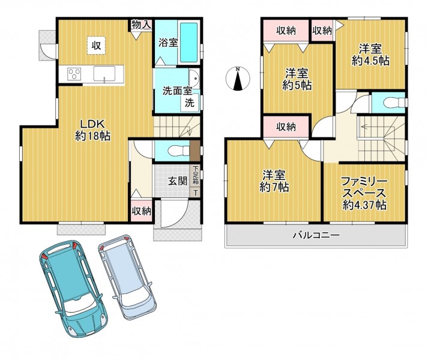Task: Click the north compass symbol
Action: [x=238, y=79]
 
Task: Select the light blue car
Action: [x=127, y=277]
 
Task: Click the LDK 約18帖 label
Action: [x=93, y=130]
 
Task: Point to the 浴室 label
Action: [x=169, y=43]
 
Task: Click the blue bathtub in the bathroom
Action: [x=188, y=43]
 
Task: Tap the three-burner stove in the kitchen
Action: [x=74, y=74]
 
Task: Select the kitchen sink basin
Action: [x=104, y=73]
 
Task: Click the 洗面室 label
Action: [x=177, y=91]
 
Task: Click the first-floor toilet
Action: [x=178, y=151]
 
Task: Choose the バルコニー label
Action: [x=316, y=235]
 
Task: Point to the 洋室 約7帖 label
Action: [x=274, y=181]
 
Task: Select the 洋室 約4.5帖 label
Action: [x=370, y=55]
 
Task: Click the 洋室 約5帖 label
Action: [x=297, y=79]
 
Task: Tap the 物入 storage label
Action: [x=141, y=25]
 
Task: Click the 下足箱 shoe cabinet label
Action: [x=196, y=175]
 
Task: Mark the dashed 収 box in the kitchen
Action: [x=97, y=46]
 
